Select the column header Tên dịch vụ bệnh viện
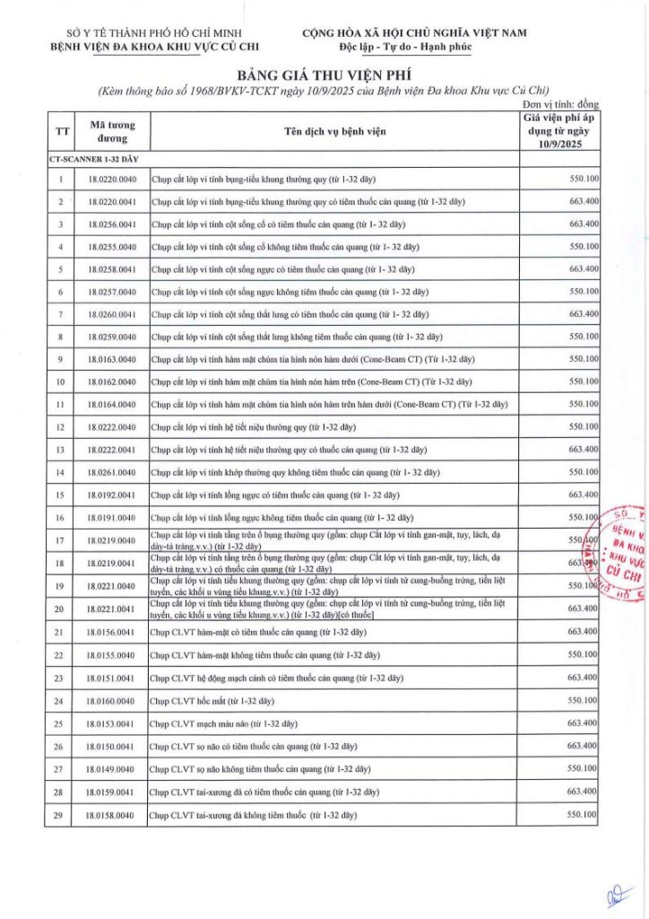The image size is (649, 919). click(334, 132)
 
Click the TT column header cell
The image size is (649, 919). click(62, 132)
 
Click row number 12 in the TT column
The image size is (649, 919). click(61, 427)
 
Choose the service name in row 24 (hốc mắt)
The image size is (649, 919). click(212, 700)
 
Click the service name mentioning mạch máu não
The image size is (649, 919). click(223, 723)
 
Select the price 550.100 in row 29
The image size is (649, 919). click(582, 814)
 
